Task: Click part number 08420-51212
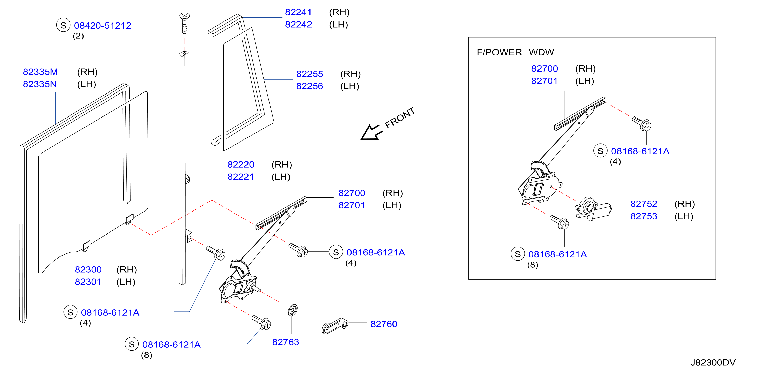coord(102,26)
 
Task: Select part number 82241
coord(298,12)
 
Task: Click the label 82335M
coord(40,72)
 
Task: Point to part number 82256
coord(309,86)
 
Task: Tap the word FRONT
coord(400,118)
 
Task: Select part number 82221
coord(241,177)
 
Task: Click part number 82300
coord(88,269)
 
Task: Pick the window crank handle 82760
coord(335,326)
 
